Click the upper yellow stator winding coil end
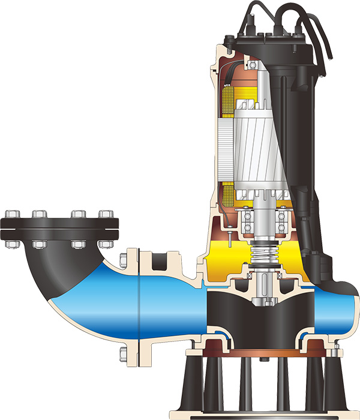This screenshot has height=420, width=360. pyautogui.click(x=230, y=96)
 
